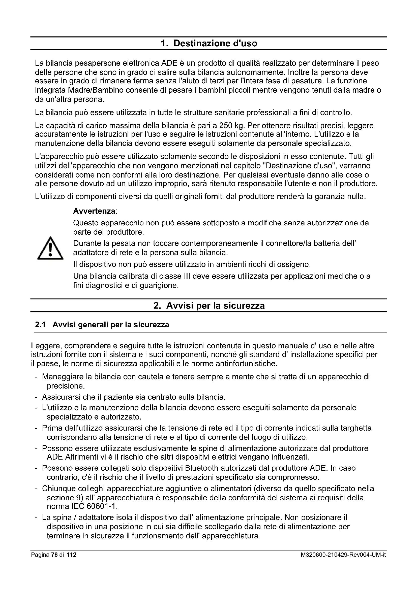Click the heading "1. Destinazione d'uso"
point(209,43)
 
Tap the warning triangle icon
point(50,248)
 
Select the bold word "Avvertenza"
point(94,211)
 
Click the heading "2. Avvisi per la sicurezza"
point(209,306)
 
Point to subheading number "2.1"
point(40,325)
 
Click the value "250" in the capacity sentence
point(225,126)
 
